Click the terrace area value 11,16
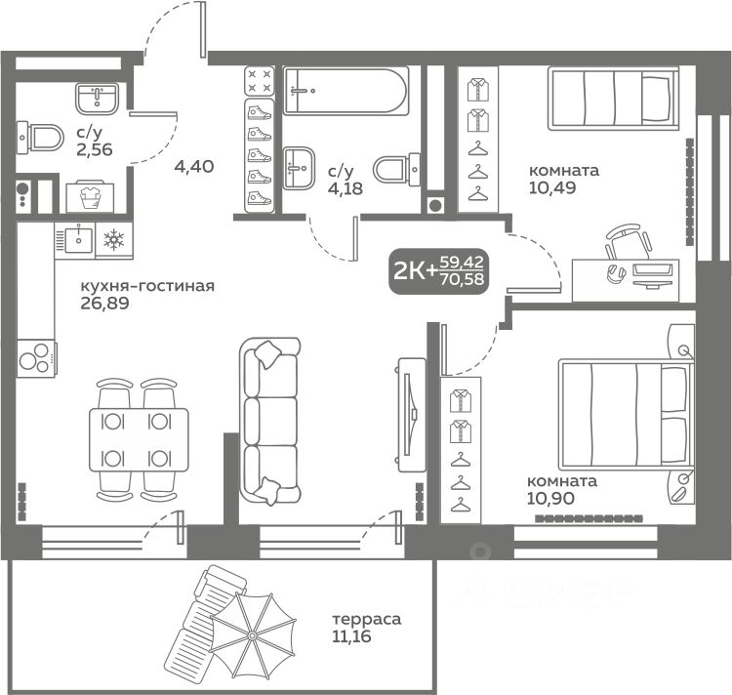pos(351,636)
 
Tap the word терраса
pos(366,619)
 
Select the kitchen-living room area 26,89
pos(104,304)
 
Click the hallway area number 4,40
pos(194,166)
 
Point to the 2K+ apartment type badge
pos(439,271)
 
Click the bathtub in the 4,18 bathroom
pos(346,91)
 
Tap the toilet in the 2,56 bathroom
pos(40,138)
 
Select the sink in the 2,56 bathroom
pos(97,99)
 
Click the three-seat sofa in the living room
pos(269,421)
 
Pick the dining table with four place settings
pos(139,439)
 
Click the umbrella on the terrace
pos(252,635)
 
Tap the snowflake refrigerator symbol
pos(114,239)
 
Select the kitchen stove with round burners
pos(36,358)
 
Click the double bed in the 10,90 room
pos(626,414)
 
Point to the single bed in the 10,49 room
pos(613,98)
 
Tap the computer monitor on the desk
pos(652,274)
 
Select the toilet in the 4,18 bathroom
pos(398,169)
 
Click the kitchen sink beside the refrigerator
pos(75,238)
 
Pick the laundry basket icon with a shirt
pos(90,197)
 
